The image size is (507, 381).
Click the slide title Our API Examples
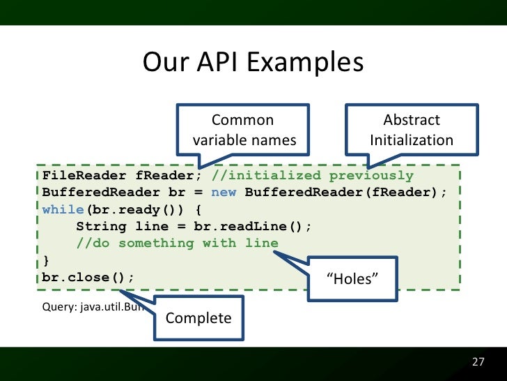click(x=253, y=63)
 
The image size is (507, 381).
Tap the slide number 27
click(x=478, y=362)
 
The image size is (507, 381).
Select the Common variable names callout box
click(x=244, y=130)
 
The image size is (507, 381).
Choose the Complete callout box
click(x=198, y=318)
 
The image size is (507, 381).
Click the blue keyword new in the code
click(x=224, y=192)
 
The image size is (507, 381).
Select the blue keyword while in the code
click(x=63, y=209)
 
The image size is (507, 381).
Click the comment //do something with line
click(x=177, y=243)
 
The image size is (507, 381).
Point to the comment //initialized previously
click(x=313, y=175)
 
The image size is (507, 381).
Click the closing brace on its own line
click(x=46, y=260)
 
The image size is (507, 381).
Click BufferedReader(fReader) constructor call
click(x=342, y=192)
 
